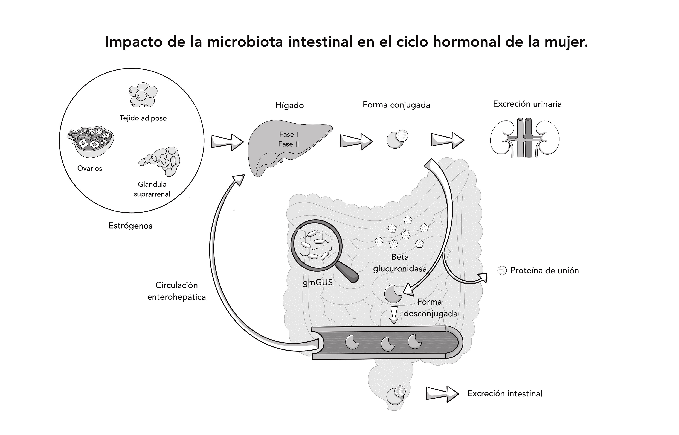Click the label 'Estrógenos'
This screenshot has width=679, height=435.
[130, 226]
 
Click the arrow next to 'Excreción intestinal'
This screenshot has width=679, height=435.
[442, 394]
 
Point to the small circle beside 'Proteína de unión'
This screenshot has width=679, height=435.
[502, 271]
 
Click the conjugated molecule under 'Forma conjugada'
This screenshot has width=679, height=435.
[397, 139]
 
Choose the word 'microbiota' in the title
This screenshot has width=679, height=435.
[245, 42]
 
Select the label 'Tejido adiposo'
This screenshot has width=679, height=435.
[143, 118]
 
